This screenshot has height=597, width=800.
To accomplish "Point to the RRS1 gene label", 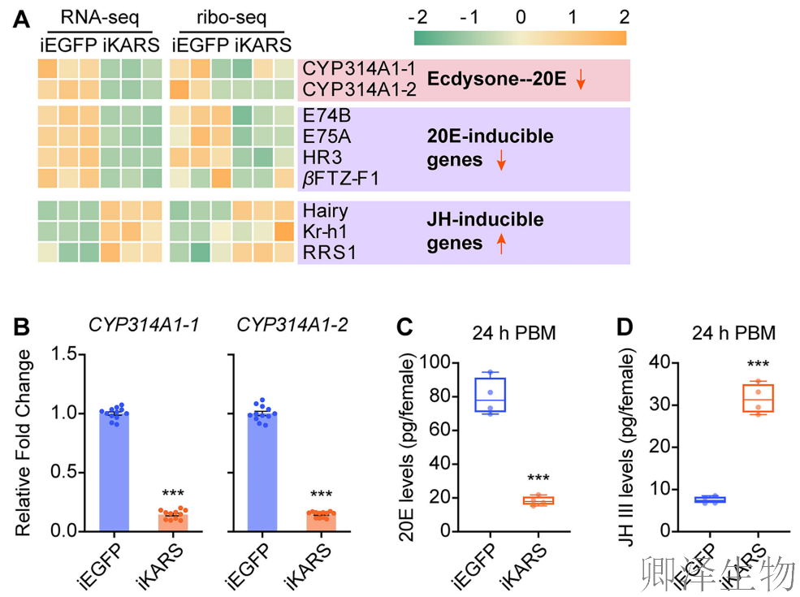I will click(x=329, y=252).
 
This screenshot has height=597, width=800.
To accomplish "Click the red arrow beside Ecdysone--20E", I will click(x=581, y=80).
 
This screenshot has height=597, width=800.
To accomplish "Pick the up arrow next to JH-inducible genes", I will click(x=500, y=243).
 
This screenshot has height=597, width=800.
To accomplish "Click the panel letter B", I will click(x=22, y=328).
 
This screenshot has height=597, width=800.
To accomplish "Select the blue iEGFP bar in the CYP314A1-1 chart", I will click(x=103, y=471).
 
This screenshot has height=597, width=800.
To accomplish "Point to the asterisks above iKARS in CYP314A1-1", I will click(x=172, y=494).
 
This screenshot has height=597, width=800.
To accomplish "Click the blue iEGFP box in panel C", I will click(x=491, y=395).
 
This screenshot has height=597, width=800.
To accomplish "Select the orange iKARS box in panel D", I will click(x=758, y=398).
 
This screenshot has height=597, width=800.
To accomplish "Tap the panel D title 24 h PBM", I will click(x=733, y=333).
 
